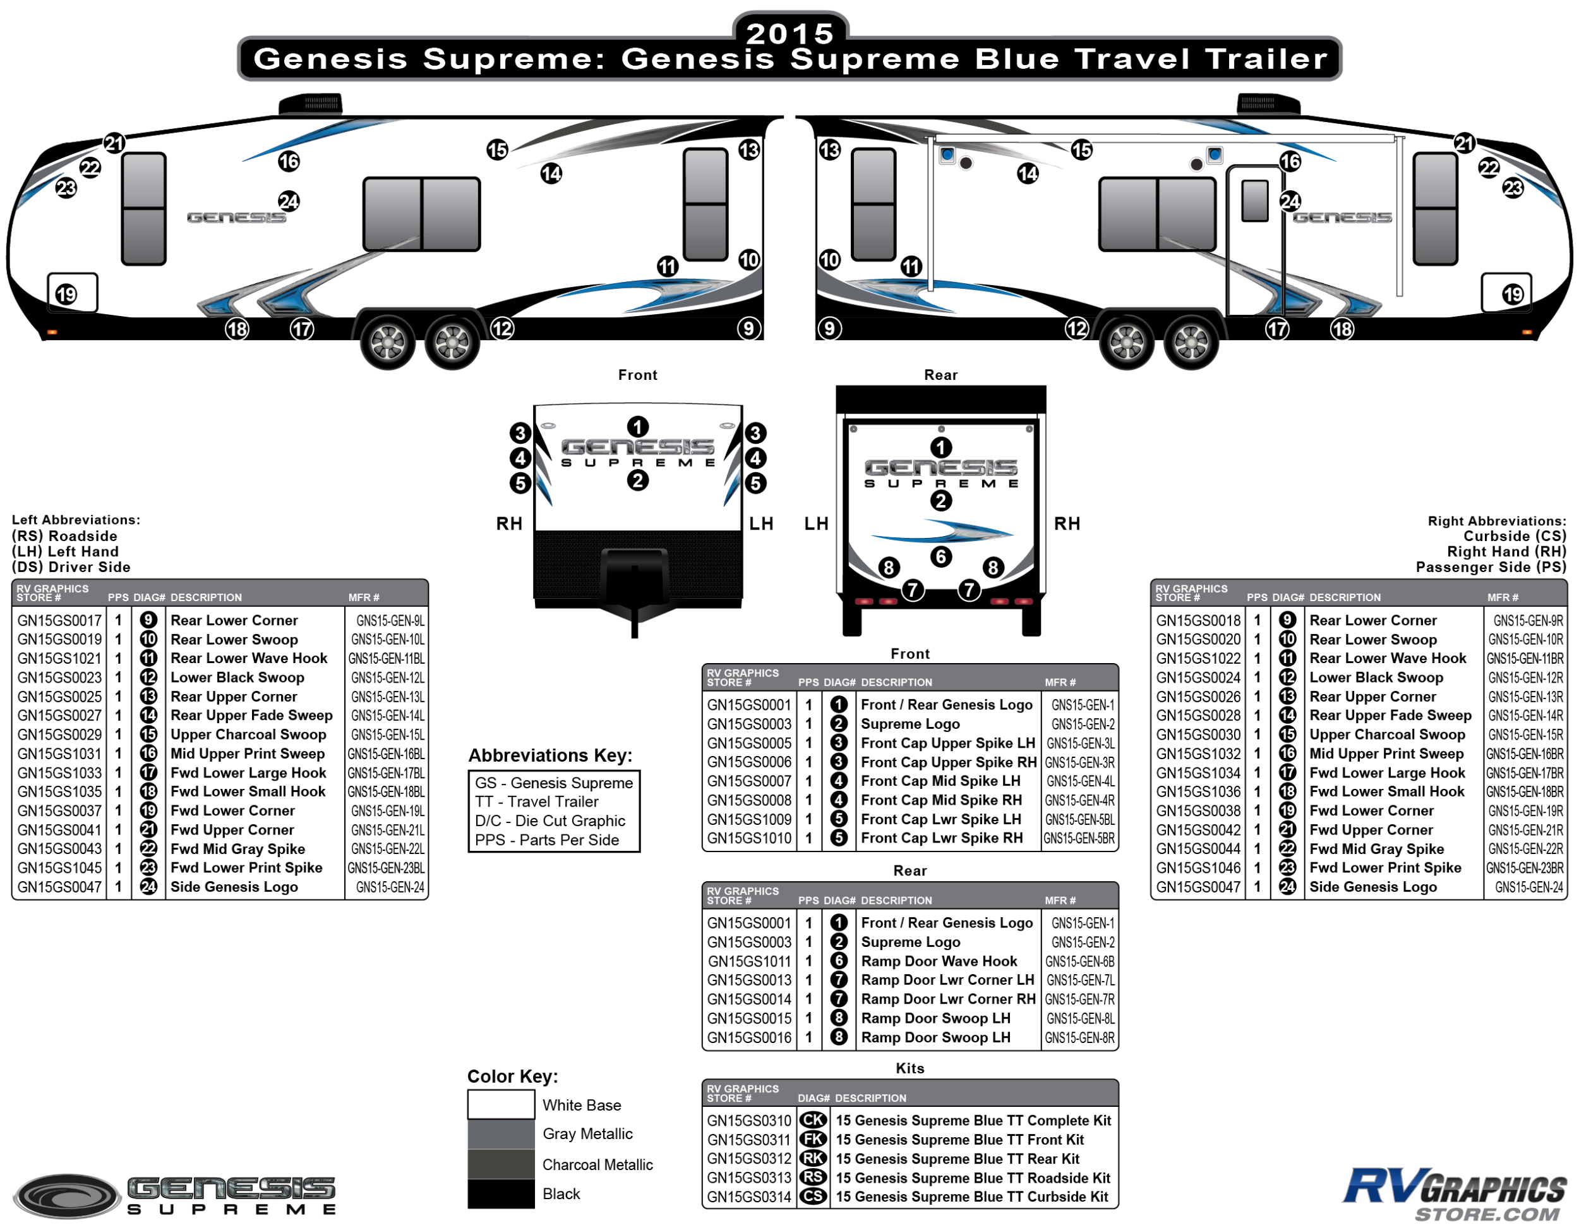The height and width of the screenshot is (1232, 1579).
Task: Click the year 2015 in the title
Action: (790, 33)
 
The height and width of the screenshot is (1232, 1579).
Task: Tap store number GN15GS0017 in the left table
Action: (59, 620)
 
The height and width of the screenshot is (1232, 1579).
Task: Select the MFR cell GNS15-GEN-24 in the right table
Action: (1528, 887)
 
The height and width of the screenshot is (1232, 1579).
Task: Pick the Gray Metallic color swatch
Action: (500, 1133)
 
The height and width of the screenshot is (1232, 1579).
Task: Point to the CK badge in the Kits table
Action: (813, 1120)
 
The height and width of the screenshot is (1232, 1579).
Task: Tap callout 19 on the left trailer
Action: (66, 295)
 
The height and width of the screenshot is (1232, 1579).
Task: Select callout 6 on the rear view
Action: (940, 556)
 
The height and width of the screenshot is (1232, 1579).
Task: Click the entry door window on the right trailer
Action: (1254, 200)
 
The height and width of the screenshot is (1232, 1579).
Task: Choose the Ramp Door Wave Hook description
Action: (939, 961)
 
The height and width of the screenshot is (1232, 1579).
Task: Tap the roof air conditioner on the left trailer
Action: (310, 104)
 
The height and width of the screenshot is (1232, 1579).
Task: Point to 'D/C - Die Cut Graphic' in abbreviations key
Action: (549, 820)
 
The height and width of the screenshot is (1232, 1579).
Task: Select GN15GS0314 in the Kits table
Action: (749, 1197)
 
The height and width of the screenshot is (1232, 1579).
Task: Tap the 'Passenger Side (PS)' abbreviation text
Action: (1490, 566)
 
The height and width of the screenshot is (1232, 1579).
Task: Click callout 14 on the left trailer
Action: (551, 174)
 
